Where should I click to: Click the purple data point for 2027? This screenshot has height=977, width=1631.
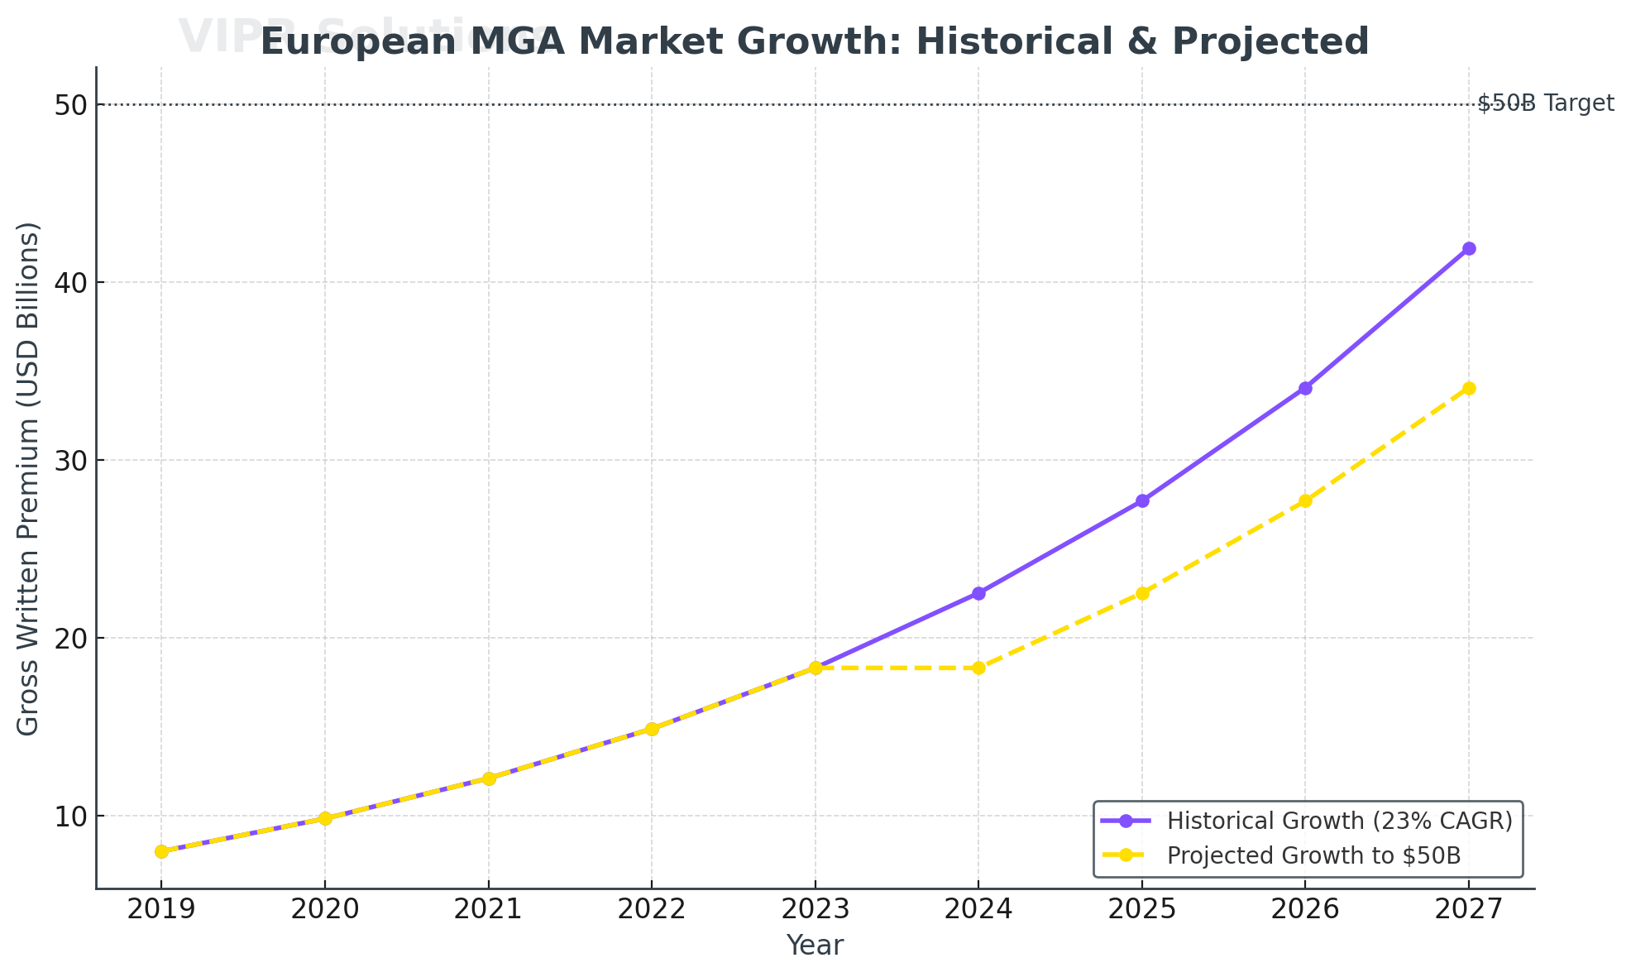coord(1469,248)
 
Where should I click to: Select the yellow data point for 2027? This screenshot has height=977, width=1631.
coord(1469,388)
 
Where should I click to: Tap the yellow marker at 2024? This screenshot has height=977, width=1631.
coord(978,668)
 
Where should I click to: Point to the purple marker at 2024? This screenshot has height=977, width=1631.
coord(978,593)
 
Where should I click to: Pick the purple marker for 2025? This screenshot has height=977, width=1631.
coord(1142,500)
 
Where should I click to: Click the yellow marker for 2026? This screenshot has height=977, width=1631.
coord(1305,500)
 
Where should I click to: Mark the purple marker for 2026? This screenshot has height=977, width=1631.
coord(1305,388)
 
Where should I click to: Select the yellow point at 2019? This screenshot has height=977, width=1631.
coord(161,851)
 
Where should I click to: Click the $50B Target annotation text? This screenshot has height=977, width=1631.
coord(1545,103)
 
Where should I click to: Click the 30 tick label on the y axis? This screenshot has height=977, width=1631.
coord(72,461)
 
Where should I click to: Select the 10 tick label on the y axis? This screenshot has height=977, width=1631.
coord(72,817)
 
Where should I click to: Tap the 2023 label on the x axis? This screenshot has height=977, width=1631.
coord(815,910)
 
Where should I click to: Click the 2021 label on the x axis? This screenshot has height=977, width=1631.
coord(488,910)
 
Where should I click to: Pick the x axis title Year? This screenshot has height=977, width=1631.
coord(815,946)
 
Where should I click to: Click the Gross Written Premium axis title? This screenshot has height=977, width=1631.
coord(29,478)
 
